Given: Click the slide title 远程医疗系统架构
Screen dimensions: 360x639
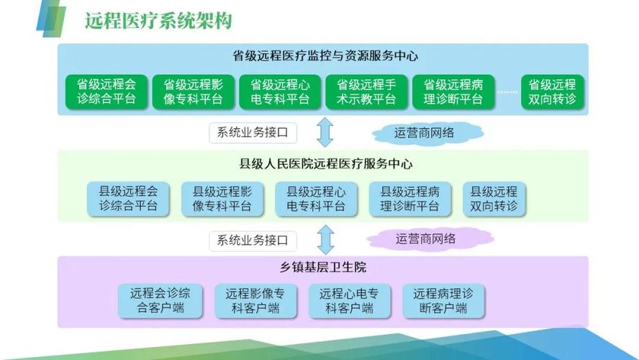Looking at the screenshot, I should [x=158, y=20].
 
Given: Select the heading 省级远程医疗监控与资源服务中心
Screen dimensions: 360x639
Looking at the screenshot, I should [x=325, y=55].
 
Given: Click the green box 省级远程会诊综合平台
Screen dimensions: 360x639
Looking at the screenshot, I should [x=106, y=91].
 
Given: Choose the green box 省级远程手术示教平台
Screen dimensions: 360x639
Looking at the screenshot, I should [x=366, y=91].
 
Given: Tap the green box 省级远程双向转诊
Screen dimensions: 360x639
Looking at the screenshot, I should [x=552, y=91].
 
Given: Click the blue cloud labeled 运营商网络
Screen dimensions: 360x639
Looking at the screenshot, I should [x=429, y=132].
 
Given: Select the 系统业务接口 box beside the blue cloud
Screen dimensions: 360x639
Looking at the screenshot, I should [x=253, y=132].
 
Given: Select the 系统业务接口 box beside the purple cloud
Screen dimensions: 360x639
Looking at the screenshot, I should [x=253, y=240].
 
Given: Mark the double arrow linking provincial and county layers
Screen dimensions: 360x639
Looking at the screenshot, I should [x=326, y=132].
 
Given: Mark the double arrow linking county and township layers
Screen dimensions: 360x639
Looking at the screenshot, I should [x=326, y=240].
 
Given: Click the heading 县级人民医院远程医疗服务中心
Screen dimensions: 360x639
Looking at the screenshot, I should [x=325, y=164].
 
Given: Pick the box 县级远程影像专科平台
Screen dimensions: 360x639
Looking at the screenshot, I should [x=222, y=199].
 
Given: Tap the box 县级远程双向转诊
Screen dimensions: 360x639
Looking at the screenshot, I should [x=494, y=199].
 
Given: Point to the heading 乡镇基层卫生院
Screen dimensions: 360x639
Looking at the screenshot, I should [x=325, y=267].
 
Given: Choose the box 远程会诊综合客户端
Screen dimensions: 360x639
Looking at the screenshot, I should [x=160, y=301].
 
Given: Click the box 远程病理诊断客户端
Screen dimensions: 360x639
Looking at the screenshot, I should [x=443, y=301].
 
